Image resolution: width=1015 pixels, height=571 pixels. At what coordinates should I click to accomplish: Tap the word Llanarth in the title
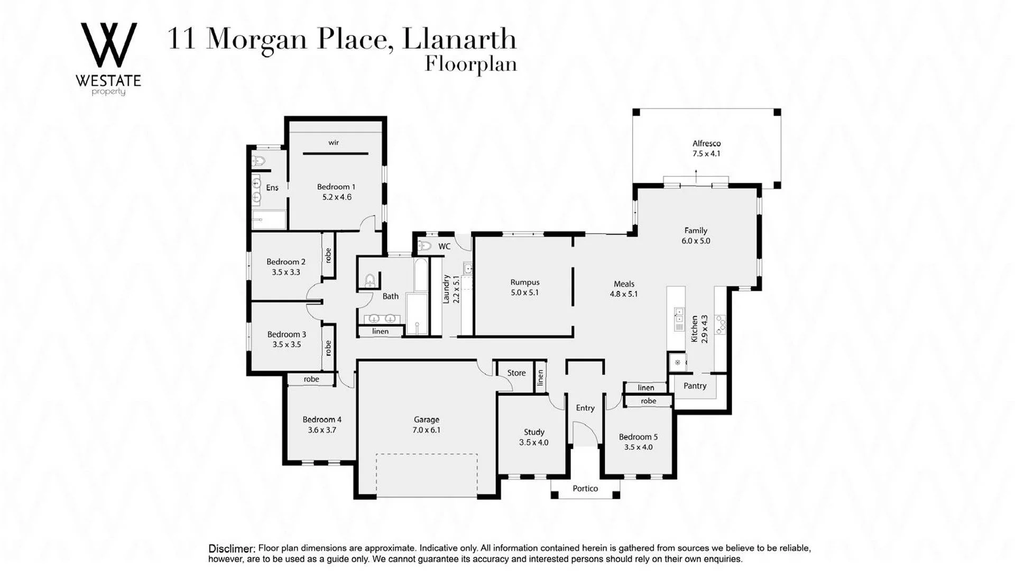pos(459,39)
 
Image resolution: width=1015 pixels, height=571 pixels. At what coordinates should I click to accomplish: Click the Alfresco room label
pos(706,143)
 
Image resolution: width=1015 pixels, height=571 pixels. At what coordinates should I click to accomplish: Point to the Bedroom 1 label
pos(336,187)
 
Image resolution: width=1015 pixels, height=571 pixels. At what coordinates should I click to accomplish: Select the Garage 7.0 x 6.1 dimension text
pos(426,430)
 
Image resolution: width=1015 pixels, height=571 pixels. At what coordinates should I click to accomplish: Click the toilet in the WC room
pos(425,246)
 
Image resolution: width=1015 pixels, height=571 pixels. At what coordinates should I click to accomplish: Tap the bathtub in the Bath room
pos(421,275)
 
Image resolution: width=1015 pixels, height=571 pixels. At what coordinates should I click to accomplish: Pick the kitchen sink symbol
pos(679,319)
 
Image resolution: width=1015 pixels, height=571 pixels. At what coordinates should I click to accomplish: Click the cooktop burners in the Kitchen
pos(721,325)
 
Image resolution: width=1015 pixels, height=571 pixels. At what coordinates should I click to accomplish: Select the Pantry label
pos(695,386)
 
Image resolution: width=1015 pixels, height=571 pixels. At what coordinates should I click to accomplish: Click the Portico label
pos(585,489)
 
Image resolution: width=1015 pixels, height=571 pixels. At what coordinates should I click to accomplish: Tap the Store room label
pos(516,373)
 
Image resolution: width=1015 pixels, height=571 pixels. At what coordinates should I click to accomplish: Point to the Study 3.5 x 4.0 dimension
pos(533,443)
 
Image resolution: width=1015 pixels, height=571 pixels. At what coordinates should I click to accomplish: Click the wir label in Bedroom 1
pos(334,143)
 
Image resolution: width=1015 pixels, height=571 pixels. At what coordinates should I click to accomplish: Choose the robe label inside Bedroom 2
pos(328,255)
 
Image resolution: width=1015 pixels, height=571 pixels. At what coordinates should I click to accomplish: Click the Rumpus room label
pos(525,282)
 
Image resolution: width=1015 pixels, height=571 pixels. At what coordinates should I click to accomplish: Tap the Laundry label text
pos(446,289)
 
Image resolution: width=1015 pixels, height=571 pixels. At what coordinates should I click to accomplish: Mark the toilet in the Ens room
pos(259,161)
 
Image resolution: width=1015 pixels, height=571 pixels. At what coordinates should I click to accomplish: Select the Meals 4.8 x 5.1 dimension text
pos(624,294)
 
